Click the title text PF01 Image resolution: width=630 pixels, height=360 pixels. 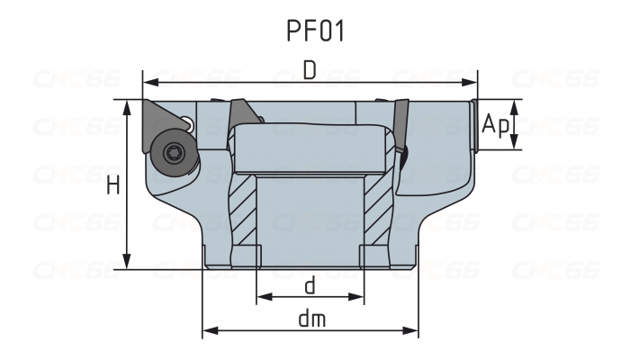click(315, 31)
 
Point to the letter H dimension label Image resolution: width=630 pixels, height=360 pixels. click(113, 185)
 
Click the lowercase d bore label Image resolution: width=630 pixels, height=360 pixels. click(310, 286)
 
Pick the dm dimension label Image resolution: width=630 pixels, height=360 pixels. click(310, 319)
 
